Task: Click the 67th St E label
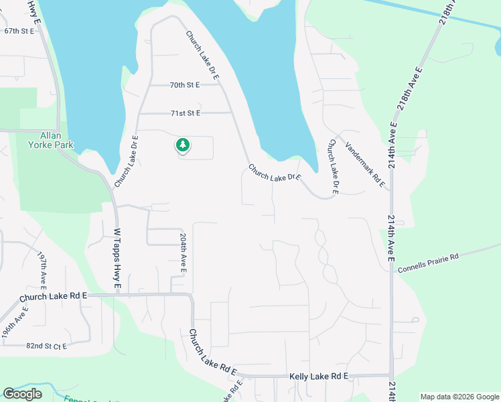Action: coord(18,31)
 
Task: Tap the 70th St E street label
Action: coord(185,85)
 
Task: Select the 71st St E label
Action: coord(185,113)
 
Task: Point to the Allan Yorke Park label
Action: coord(50,140)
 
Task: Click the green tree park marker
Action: coord(182,145)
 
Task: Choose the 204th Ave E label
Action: coord(183,253)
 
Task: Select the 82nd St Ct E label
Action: coord(48,346)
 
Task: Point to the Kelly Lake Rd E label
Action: coord(318,377)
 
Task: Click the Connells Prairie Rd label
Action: coord(428,263)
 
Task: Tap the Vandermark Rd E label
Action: coord(366,161)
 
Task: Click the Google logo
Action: coord(22,394)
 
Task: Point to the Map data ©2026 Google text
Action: coord(459,397)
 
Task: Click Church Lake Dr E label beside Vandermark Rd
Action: coord(332,167)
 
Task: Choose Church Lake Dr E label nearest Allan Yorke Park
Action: coord(126,161)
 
